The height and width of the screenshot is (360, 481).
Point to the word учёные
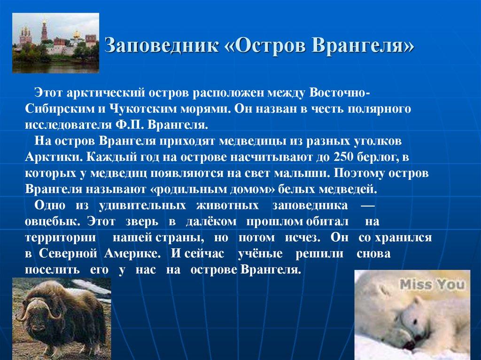pos(260,254)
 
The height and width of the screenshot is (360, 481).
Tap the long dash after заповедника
pos(367,206)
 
